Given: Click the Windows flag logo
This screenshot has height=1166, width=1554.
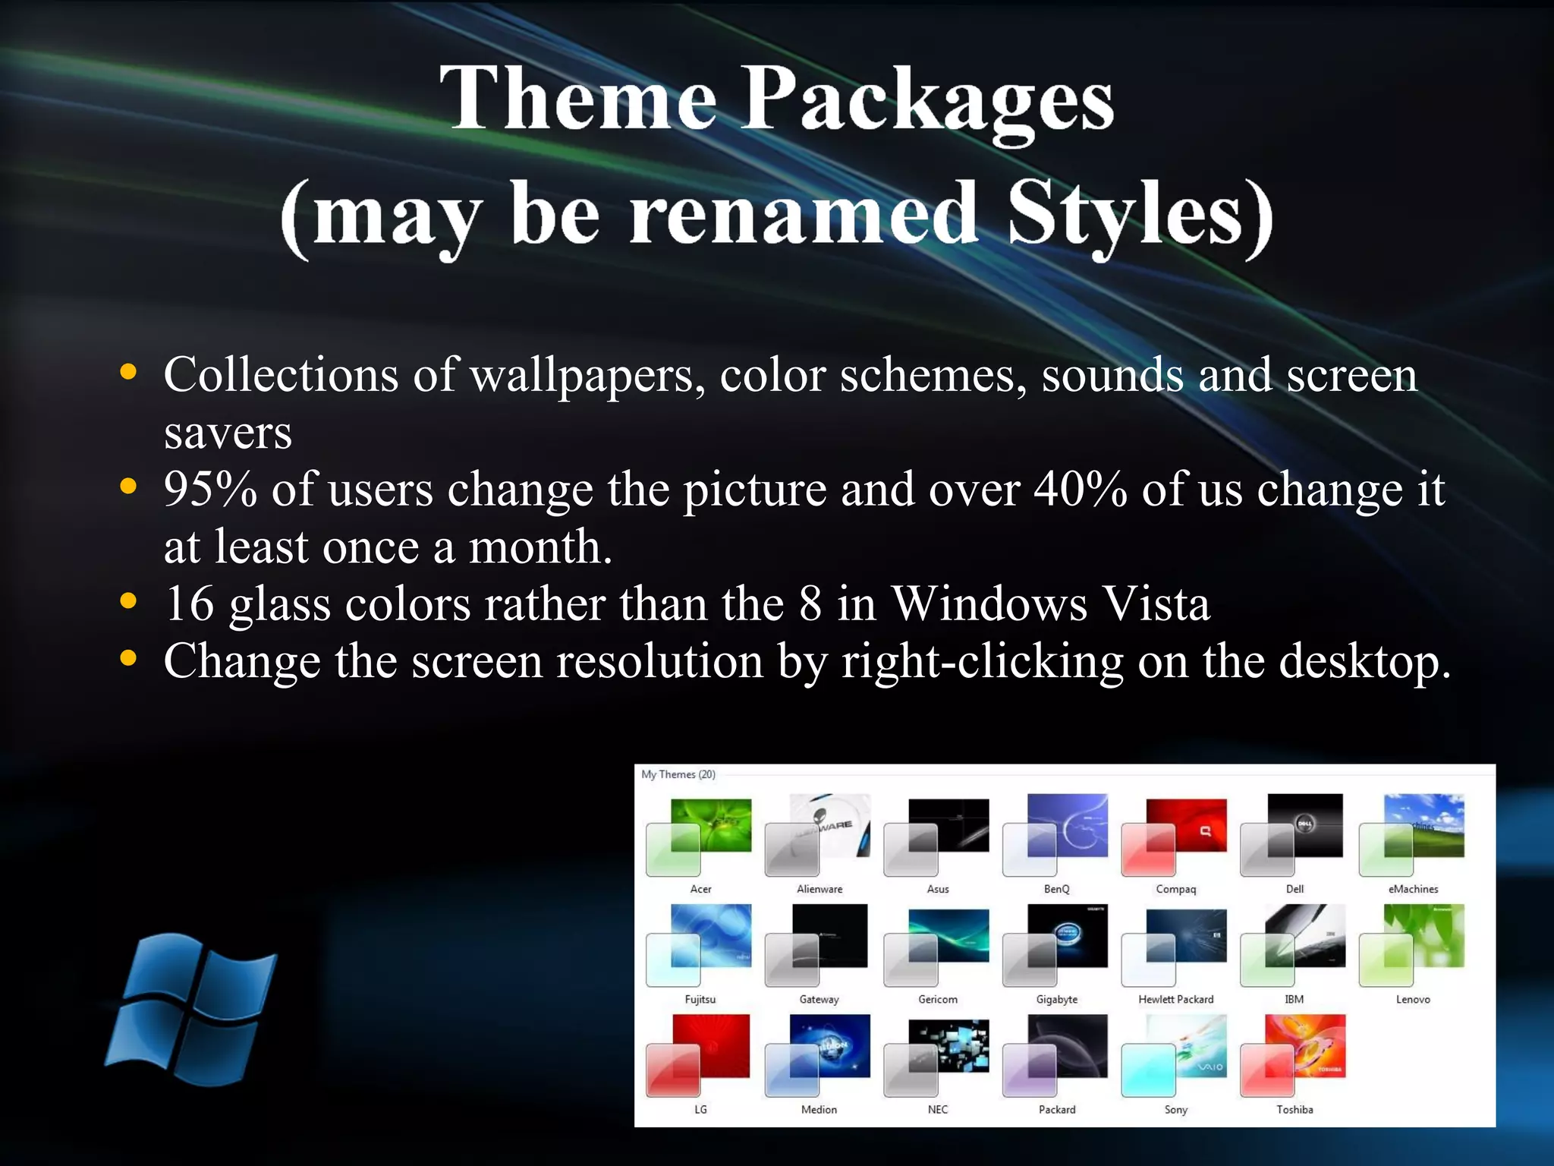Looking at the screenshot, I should (x=191, y=1010).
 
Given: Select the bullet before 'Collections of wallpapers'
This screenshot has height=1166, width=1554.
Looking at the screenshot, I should (x=128, y=372).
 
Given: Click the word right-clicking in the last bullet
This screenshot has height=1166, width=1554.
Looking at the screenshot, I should (x=982, y=661).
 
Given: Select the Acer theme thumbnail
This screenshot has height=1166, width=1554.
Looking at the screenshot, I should (x=699, y=835).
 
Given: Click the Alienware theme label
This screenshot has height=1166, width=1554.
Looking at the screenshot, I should (x=819, y=889).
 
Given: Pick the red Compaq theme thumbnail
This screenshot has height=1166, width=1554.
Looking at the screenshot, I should (x=1175, y=835).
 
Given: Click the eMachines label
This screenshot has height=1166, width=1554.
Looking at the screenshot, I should (x=1413, y=889).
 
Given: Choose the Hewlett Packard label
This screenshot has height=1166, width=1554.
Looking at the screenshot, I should (x=1175, y=999).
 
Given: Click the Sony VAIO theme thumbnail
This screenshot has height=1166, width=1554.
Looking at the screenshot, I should (x=1175, y=1055).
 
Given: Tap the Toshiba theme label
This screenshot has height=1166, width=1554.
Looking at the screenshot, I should (x=1294, y=1109).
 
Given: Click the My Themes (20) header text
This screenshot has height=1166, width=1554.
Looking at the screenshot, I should (x=678, y=774).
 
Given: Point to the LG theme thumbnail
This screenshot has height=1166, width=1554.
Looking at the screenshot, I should (x=699, y=1055).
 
